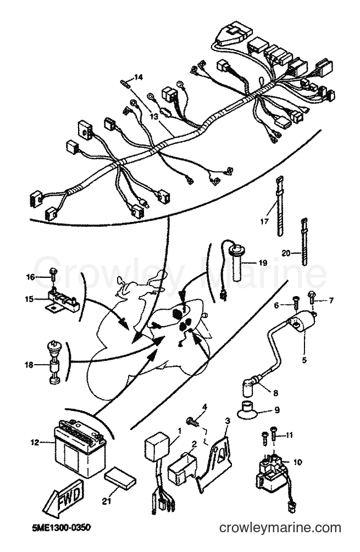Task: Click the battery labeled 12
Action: click(x=80, y=447)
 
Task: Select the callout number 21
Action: click(x=104, y=502)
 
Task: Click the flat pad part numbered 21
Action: click(x=120, y=478)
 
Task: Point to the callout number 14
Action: click(x=139, y=77)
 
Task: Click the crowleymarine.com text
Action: click(x=280, y=528)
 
